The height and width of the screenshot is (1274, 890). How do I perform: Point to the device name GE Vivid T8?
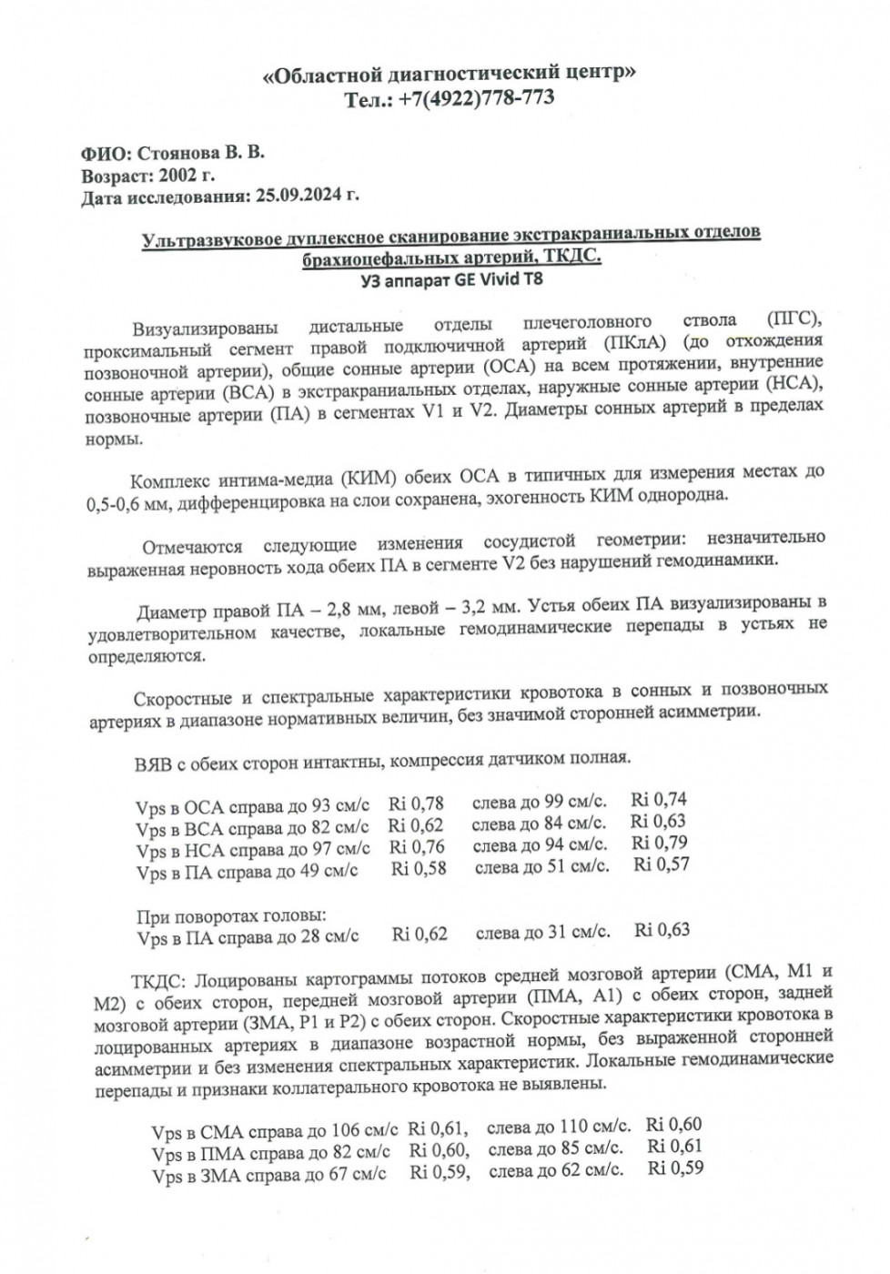[500, 279]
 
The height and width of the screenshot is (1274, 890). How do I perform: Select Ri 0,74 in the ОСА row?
[659, 800]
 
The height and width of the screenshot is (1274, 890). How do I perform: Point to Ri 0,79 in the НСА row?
[660, 843]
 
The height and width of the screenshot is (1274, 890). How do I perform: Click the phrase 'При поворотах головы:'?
[231, 915]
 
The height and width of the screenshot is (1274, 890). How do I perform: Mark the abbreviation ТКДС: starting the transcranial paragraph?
[161, 981]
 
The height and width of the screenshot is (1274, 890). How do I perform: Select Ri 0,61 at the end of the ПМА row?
[674, 1146]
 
